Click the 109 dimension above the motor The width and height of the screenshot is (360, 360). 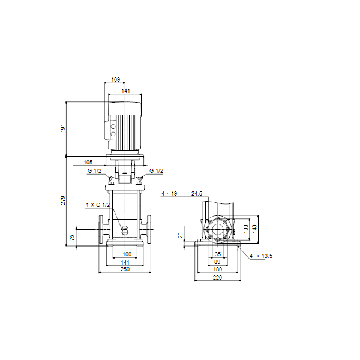click(x=115, y=79)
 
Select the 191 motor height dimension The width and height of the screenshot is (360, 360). click(x=63, y=128)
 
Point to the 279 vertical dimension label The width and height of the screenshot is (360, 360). click(x=63, y=200)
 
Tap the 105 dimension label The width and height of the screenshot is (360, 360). click(x=88, y=163)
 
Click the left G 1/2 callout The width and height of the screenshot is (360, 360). click(x=94, y=171)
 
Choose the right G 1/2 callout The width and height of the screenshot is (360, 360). click(x=157, y=171)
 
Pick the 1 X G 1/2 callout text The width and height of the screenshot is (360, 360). click(x=98, y=205)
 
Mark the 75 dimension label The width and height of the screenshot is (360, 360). click(x=72, y=238)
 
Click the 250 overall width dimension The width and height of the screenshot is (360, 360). click(x=125, y=269)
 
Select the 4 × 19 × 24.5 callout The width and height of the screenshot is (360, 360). click(x=182, y=194)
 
